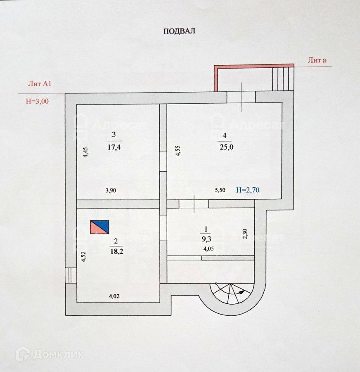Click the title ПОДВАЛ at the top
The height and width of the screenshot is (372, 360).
click(179, 31)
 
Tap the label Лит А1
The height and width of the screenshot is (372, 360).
click(39, 84)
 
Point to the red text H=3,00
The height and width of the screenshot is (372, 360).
click(37, 101)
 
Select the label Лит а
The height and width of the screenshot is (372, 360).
click(317, 60)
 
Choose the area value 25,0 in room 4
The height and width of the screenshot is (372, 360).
click(225, 147)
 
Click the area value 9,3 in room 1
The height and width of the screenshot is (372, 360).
click(205, 238)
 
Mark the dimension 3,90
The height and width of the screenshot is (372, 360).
click(111, 191)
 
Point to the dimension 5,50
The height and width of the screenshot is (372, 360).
click(220, 191)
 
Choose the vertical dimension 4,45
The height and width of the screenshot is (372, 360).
click(85, 152)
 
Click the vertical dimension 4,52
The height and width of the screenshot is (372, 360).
click(84, 257)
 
